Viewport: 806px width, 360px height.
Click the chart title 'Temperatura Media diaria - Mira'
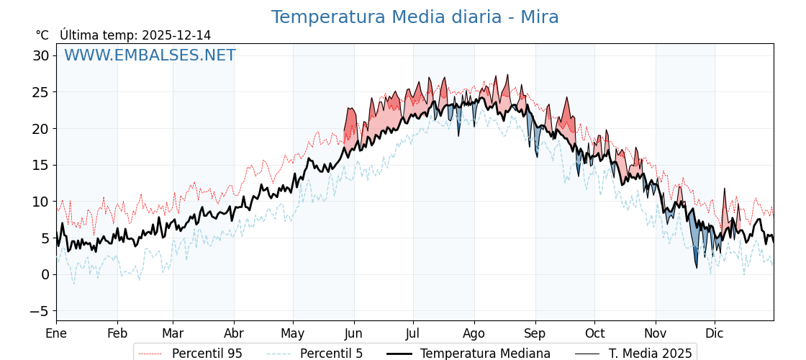point(415,17)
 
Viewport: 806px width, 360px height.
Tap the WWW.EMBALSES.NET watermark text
point(150,55)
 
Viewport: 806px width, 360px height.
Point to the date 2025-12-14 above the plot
point(176,35)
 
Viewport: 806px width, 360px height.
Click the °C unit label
point(42,35)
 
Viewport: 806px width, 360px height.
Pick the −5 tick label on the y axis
point(40,311)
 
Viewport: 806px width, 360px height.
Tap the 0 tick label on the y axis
point(45,274)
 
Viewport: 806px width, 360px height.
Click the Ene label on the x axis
point(56,334)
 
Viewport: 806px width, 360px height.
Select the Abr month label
point(234,334)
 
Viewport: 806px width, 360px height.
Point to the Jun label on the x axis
point(354,334)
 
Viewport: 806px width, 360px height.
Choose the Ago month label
point(474,334)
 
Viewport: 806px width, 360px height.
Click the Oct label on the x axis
point(594,334)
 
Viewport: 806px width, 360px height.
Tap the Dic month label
point(715,334)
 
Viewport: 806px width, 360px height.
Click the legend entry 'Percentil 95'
point(207,354)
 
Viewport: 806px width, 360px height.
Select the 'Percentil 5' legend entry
point(331,354)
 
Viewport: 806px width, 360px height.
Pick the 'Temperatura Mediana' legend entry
point(485,354)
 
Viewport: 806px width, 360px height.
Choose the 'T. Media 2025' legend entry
point(650,354)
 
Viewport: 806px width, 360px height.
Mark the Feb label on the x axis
point(117,334)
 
